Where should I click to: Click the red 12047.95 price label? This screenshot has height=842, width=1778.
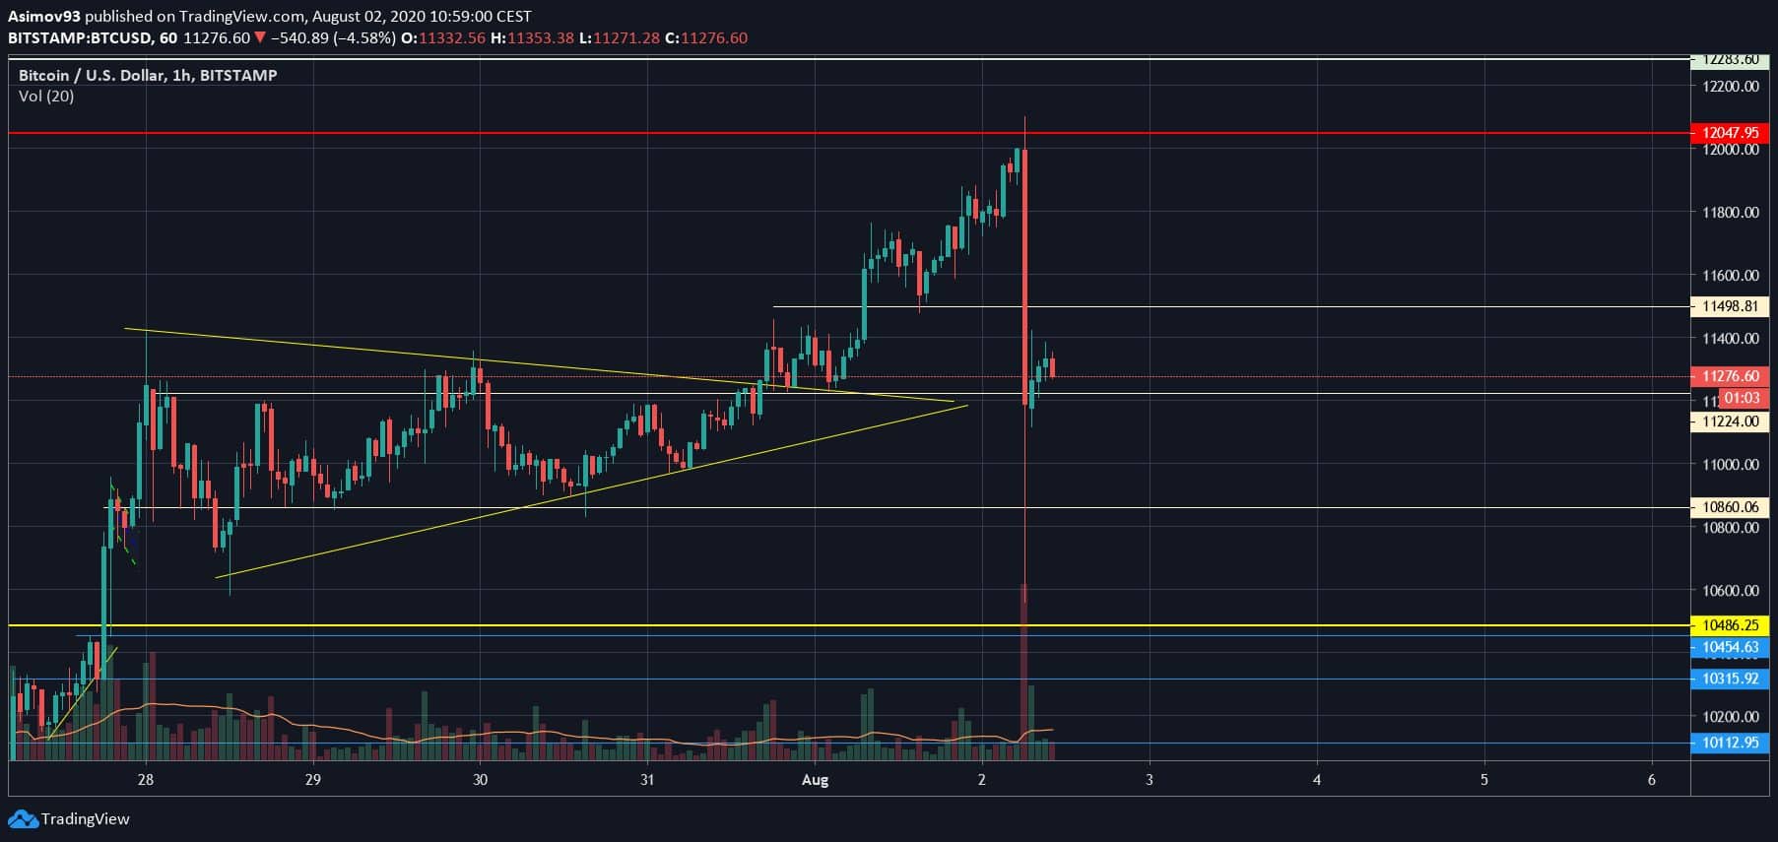pos(1729,132)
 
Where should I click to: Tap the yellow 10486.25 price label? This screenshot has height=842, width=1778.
pos(1729,625)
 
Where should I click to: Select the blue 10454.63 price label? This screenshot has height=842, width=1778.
pos(1729,647)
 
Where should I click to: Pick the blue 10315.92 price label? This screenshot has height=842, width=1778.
pos(1729,679)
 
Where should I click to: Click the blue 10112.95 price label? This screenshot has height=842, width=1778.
pos(1729,743)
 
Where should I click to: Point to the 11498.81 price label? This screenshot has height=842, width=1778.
pos(1729,306)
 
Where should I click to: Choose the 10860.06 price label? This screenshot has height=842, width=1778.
pos(1729,507)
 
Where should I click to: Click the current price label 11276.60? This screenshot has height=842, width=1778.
pos(1729,376)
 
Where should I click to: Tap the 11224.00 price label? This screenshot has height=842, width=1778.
pos(1729,421)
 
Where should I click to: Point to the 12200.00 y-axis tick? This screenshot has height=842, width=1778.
pos(1730,87)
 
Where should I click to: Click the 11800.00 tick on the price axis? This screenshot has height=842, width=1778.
pos(1730,213)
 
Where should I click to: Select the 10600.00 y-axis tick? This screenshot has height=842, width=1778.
pos(1730,591)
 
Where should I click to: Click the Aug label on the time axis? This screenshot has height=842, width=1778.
pos(815,780)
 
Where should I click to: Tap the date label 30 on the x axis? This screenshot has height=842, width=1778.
pos(480,780)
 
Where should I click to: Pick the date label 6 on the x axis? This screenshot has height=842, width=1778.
pos(1652,780)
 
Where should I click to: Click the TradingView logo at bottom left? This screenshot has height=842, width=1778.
pos(69,819)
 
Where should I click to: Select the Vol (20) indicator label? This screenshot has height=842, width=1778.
pos(46,97)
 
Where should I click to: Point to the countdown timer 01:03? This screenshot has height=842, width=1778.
pos(1742,399)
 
